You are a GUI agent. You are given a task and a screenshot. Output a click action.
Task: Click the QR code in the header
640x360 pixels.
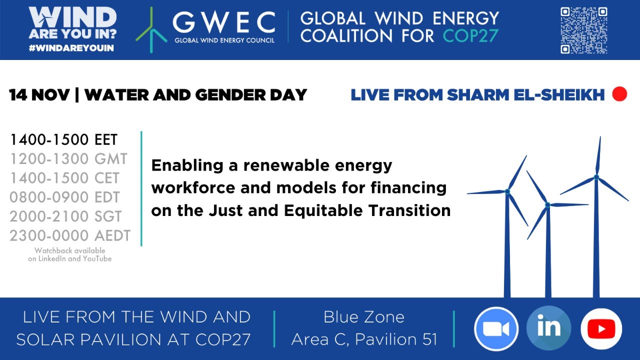pos(583,30)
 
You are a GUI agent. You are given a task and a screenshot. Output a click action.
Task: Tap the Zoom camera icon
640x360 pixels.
pos(496,328)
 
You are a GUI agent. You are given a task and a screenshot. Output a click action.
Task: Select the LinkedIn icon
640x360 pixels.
pos(548,328)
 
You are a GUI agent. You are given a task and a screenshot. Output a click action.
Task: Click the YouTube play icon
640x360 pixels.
pos(601,328)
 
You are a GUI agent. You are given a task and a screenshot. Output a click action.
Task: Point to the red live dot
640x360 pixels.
pos(619,94)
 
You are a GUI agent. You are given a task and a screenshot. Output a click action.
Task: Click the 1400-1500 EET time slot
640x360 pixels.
pos(63,140)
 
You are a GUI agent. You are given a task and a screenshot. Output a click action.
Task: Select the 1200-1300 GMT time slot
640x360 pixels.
pos(68,159)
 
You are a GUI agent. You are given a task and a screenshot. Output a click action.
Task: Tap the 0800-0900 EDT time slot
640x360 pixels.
pos(64,197)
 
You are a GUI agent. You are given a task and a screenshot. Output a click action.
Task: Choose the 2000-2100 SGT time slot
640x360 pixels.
pos(65,216)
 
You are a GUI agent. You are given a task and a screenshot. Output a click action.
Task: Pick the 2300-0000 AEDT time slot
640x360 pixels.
pos(70,235)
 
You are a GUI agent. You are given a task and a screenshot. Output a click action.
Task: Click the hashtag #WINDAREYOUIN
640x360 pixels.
pos(72,48)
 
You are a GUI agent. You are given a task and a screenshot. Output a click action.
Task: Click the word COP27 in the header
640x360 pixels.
pos(470,36)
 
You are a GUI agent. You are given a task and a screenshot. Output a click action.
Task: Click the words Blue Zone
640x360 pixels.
pos(364,317)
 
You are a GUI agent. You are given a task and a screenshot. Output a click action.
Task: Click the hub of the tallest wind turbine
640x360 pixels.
pos(596,177)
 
